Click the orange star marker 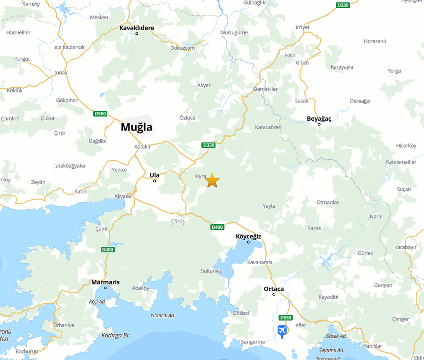pos(212,180)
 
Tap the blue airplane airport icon pos(282,331)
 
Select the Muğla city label pos(136,127)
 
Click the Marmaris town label pos(105,282)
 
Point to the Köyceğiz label pos(248,236)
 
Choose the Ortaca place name pos(273,289)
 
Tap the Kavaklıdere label pos(137,28)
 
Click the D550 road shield pos(100,114)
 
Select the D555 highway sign pos(285,318)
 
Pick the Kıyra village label pos(200,176)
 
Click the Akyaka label pos(122,196)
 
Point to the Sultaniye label pos(212,271)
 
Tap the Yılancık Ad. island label pos(163,316)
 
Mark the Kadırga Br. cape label pos(116,336)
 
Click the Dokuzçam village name pos(182,48)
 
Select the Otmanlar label pos(328,203)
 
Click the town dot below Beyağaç pos(319,124)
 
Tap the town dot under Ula pos(154,181)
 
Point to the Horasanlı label pos(375,41)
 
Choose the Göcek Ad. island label pos(336,336)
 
